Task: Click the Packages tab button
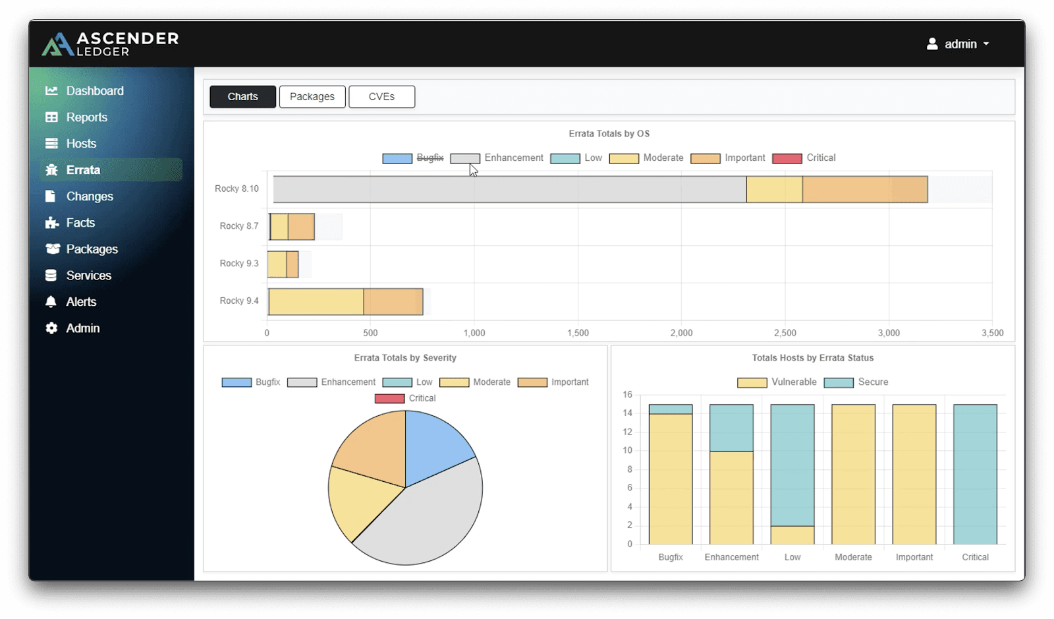point(312,97)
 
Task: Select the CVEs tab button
point(381,97)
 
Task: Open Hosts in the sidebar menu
point(81,144)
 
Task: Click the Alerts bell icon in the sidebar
point(51,302)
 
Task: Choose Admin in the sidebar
point(82,328)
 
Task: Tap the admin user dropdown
point(958,44)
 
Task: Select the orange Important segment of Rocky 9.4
point(393,301)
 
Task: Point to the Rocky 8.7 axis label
point(239,226)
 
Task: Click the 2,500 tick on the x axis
point(785,333)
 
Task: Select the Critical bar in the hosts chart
point(975,474)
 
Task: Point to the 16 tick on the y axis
point(627,395)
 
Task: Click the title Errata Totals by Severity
point(405,358)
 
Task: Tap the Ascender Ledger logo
point(111,44)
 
